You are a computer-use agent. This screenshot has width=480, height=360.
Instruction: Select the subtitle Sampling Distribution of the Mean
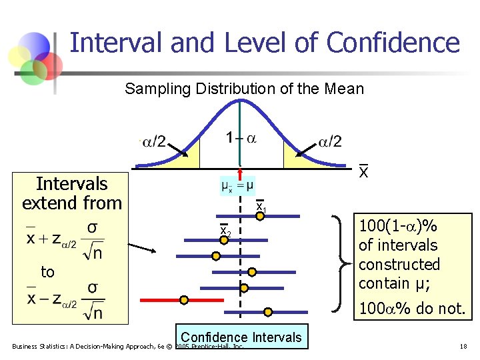244,89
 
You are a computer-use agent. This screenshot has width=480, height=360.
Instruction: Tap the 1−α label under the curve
240,139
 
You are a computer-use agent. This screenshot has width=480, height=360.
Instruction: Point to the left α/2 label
155,141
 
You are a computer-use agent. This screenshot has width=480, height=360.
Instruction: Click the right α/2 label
329,141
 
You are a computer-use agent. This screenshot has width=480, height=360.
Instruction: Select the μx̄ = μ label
237,185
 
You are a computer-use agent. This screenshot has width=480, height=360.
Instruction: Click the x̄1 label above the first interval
261,207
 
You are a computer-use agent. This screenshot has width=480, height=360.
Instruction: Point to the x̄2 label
225,231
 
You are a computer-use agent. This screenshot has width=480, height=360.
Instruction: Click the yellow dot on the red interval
184,300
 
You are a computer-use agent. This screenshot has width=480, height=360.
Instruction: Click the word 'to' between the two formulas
47,272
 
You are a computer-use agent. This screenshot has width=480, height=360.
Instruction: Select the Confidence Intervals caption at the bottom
241,337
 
